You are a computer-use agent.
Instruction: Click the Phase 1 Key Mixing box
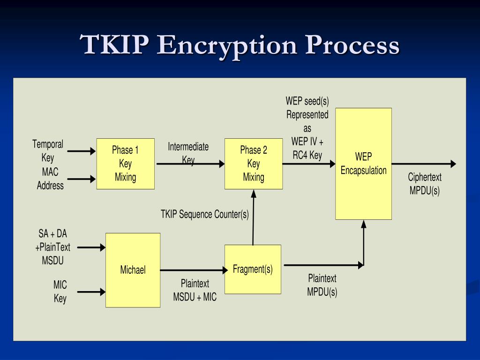[x=125, y=164]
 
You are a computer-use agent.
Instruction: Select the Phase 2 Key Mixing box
[x=254, y=164]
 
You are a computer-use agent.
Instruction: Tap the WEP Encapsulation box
[x=363, y=164]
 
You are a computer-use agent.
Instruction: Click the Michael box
[x=133, y=270]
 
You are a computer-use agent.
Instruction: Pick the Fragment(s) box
[x=253, y=269]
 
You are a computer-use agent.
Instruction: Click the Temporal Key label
[x=48, y=151]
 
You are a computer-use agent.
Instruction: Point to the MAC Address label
[x=50, y=179]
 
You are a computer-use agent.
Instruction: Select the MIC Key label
[x=60, y=291]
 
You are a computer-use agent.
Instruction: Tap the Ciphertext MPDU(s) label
[x=425, y=184]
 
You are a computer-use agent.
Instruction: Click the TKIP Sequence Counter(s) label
[x=205, y=214]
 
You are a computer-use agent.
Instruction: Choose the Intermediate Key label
[x=188, y=153]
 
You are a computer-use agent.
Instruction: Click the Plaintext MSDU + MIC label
[x=195, y=290]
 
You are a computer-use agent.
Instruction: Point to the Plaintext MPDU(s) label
[x=322, y=285]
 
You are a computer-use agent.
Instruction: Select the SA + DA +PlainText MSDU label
[x=53, y=247]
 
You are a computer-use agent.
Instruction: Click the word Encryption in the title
[x=228, y=45]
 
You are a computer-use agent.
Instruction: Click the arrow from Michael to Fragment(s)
[x=192, y=270]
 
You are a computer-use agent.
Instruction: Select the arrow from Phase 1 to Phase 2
[x=190, y=164]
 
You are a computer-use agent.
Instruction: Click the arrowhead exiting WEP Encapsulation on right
[x=452, y=164]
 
